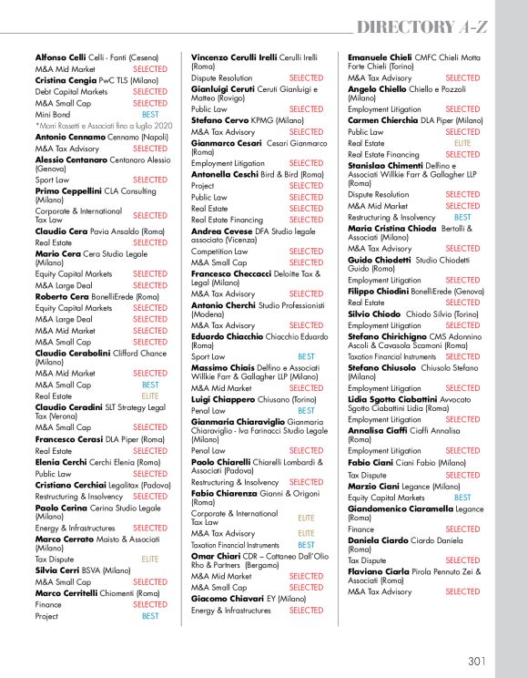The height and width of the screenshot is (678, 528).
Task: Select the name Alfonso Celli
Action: point(60,57)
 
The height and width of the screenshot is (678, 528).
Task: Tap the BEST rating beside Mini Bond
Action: point(150,115)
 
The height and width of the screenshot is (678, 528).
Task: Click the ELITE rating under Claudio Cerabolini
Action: point(150,395)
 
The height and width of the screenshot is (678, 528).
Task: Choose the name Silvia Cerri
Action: point(58,570)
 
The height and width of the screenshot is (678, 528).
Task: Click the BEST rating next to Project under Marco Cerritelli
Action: point(150,616)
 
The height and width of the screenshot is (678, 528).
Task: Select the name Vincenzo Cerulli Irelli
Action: point(234,57)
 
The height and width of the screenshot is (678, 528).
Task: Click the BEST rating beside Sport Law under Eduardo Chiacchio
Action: point(307,356)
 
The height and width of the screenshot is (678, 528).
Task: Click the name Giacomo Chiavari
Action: point(224,599)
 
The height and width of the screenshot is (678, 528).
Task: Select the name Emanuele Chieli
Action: point(380,57)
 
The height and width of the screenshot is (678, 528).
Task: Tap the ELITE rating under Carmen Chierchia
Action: point(462,143)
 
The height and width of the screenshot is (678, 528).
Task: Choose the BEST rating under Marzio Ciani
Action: point(462,498)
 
